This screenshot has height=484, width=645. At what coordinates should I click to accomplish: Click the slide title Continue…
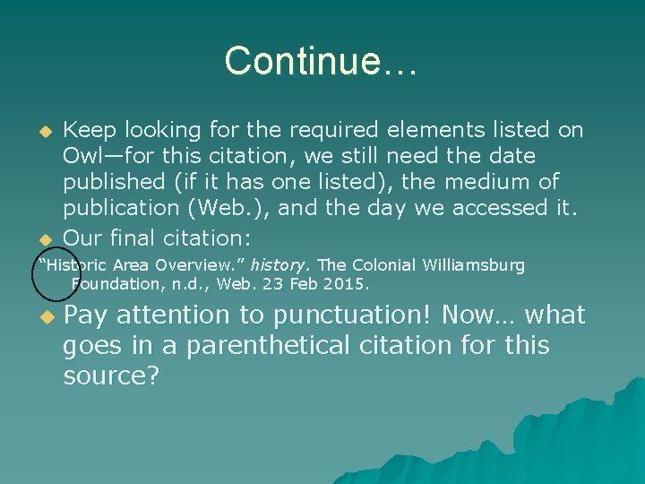(x=321, y=61)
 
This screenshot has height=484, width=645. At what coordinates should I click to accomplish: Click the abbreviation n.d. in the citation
(x=189, y=284)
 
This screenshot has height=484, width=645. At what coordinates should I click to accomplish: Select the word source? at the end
(x=111, y=376)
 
